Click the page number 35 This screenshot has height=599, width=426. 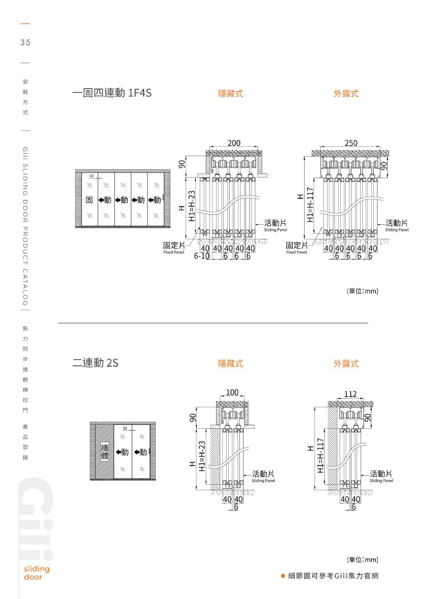[25, 42]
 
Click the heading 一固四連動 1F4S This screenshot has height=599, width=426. [112, 93]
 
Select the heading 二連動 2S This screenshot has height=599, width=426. [95, 362]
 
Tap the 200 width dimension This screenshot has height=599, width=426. [234, 143]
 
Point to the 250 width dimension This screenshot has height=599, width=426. [350, 143]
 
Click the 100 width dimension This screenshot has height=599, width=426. [232, 392]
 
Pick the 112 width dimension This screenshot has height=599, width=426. [350, 394]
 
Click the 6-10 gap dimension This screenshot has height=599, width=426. [202, 256]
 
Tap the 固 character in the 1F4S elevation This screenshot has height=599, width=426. [90, 200]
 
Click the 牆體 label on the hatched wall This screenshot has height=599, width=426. [105, 452]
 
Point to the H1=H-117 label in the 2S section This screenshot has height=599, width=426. [320, 456]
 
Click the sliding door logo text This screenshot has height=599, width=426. [36, 573]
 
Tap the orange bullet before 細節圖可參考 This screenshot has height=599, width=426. [283, 576]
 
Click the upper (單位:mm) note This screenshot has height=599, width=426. [363, 291]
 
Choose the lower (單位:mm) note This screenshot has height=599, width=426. [363, 560]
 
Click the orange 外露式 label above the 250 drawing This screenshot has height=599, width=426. [346, 94]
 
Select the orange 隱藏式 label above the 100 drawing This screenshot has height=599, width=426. [230, 363]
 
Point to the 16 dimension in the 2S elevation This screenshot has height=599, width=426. [125, 428]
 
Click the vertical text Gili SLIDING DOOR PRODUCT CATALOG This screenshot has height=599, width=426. [25, 226]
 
